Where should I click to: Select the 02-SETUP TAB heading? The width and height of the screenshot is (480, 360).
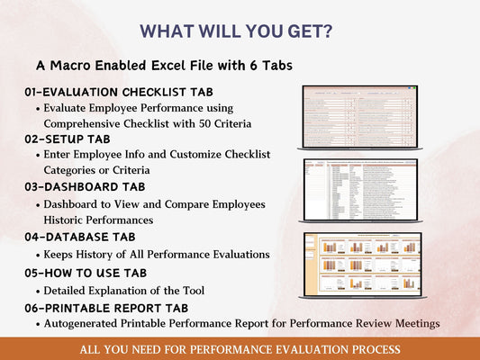click(x=68, y=139)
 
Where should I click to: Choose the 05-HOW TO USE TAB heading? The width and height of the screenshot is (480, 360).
click(x=86, y=273)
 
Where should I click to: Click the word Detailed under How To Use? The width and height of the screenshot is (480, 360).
click(x=67, y=290)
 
